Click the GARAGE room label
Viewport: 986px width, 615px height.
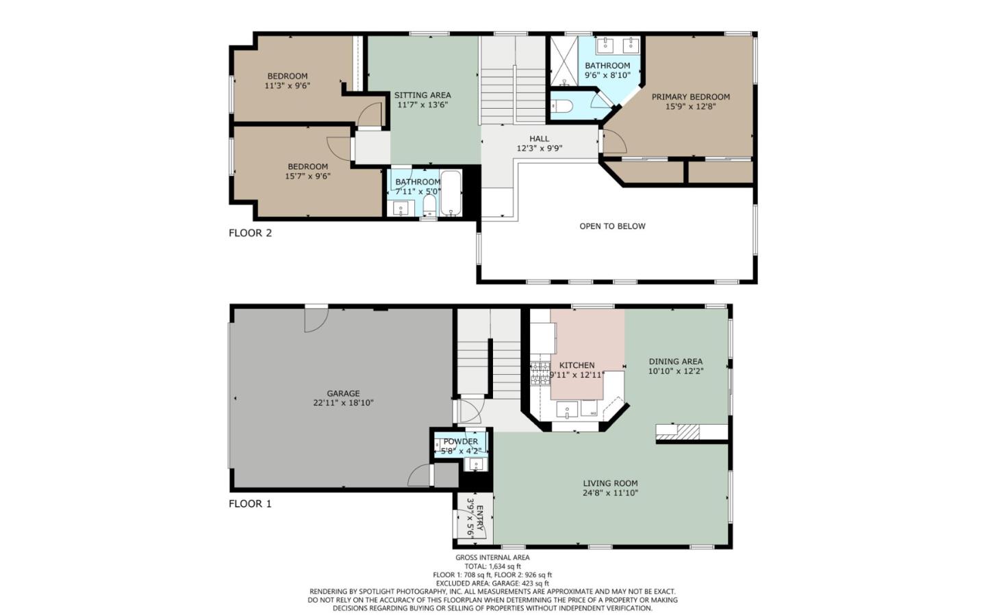point(343,393)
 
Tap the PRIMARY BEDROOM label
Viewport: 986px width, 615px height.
point(691,96)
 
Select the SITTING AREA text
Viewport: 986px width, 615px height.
point(422,95)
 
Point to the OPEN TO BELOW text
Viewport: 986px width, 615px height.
point(612,226)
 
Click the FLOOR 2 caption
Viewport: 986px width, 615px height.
point(250,233)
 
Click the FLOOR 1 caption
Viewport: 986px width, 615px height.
point(250,503)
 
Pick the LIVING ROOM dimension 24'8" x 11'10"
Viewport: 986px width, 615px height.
point(610,493)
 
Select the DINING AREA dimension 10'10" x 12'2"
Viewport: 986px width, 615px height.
point(676,371)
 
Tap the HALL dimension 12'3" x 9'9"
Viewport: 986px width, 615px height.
point(540,148)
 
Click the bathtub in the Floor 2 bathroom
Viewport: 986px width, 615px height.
point(451,194)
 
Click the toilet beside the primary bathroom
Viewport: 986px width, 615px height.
point(562,106)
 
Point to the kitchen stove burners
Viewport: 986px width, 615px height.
point(540,374)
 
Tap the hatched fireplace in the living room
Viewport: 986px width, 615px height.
point(688,432)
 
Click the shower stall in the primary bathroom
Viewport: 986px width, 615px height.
point(564,61)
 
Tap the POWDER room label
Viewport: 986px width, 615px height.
point(461,442)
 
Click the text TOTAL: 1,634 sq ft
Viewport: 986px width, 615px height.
point(492,566)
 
